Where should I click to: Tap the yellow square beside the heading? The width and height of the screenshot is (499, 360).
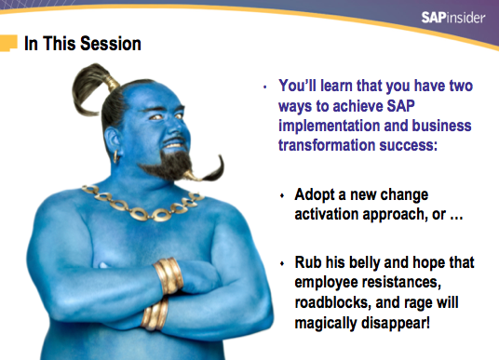tap(8, 42)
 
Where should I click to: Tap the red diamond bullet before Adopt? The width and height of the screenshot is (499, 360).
tap(283, 197)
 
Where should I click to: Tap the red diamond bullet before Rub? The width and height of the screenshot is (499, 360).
tap(283, 263)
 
